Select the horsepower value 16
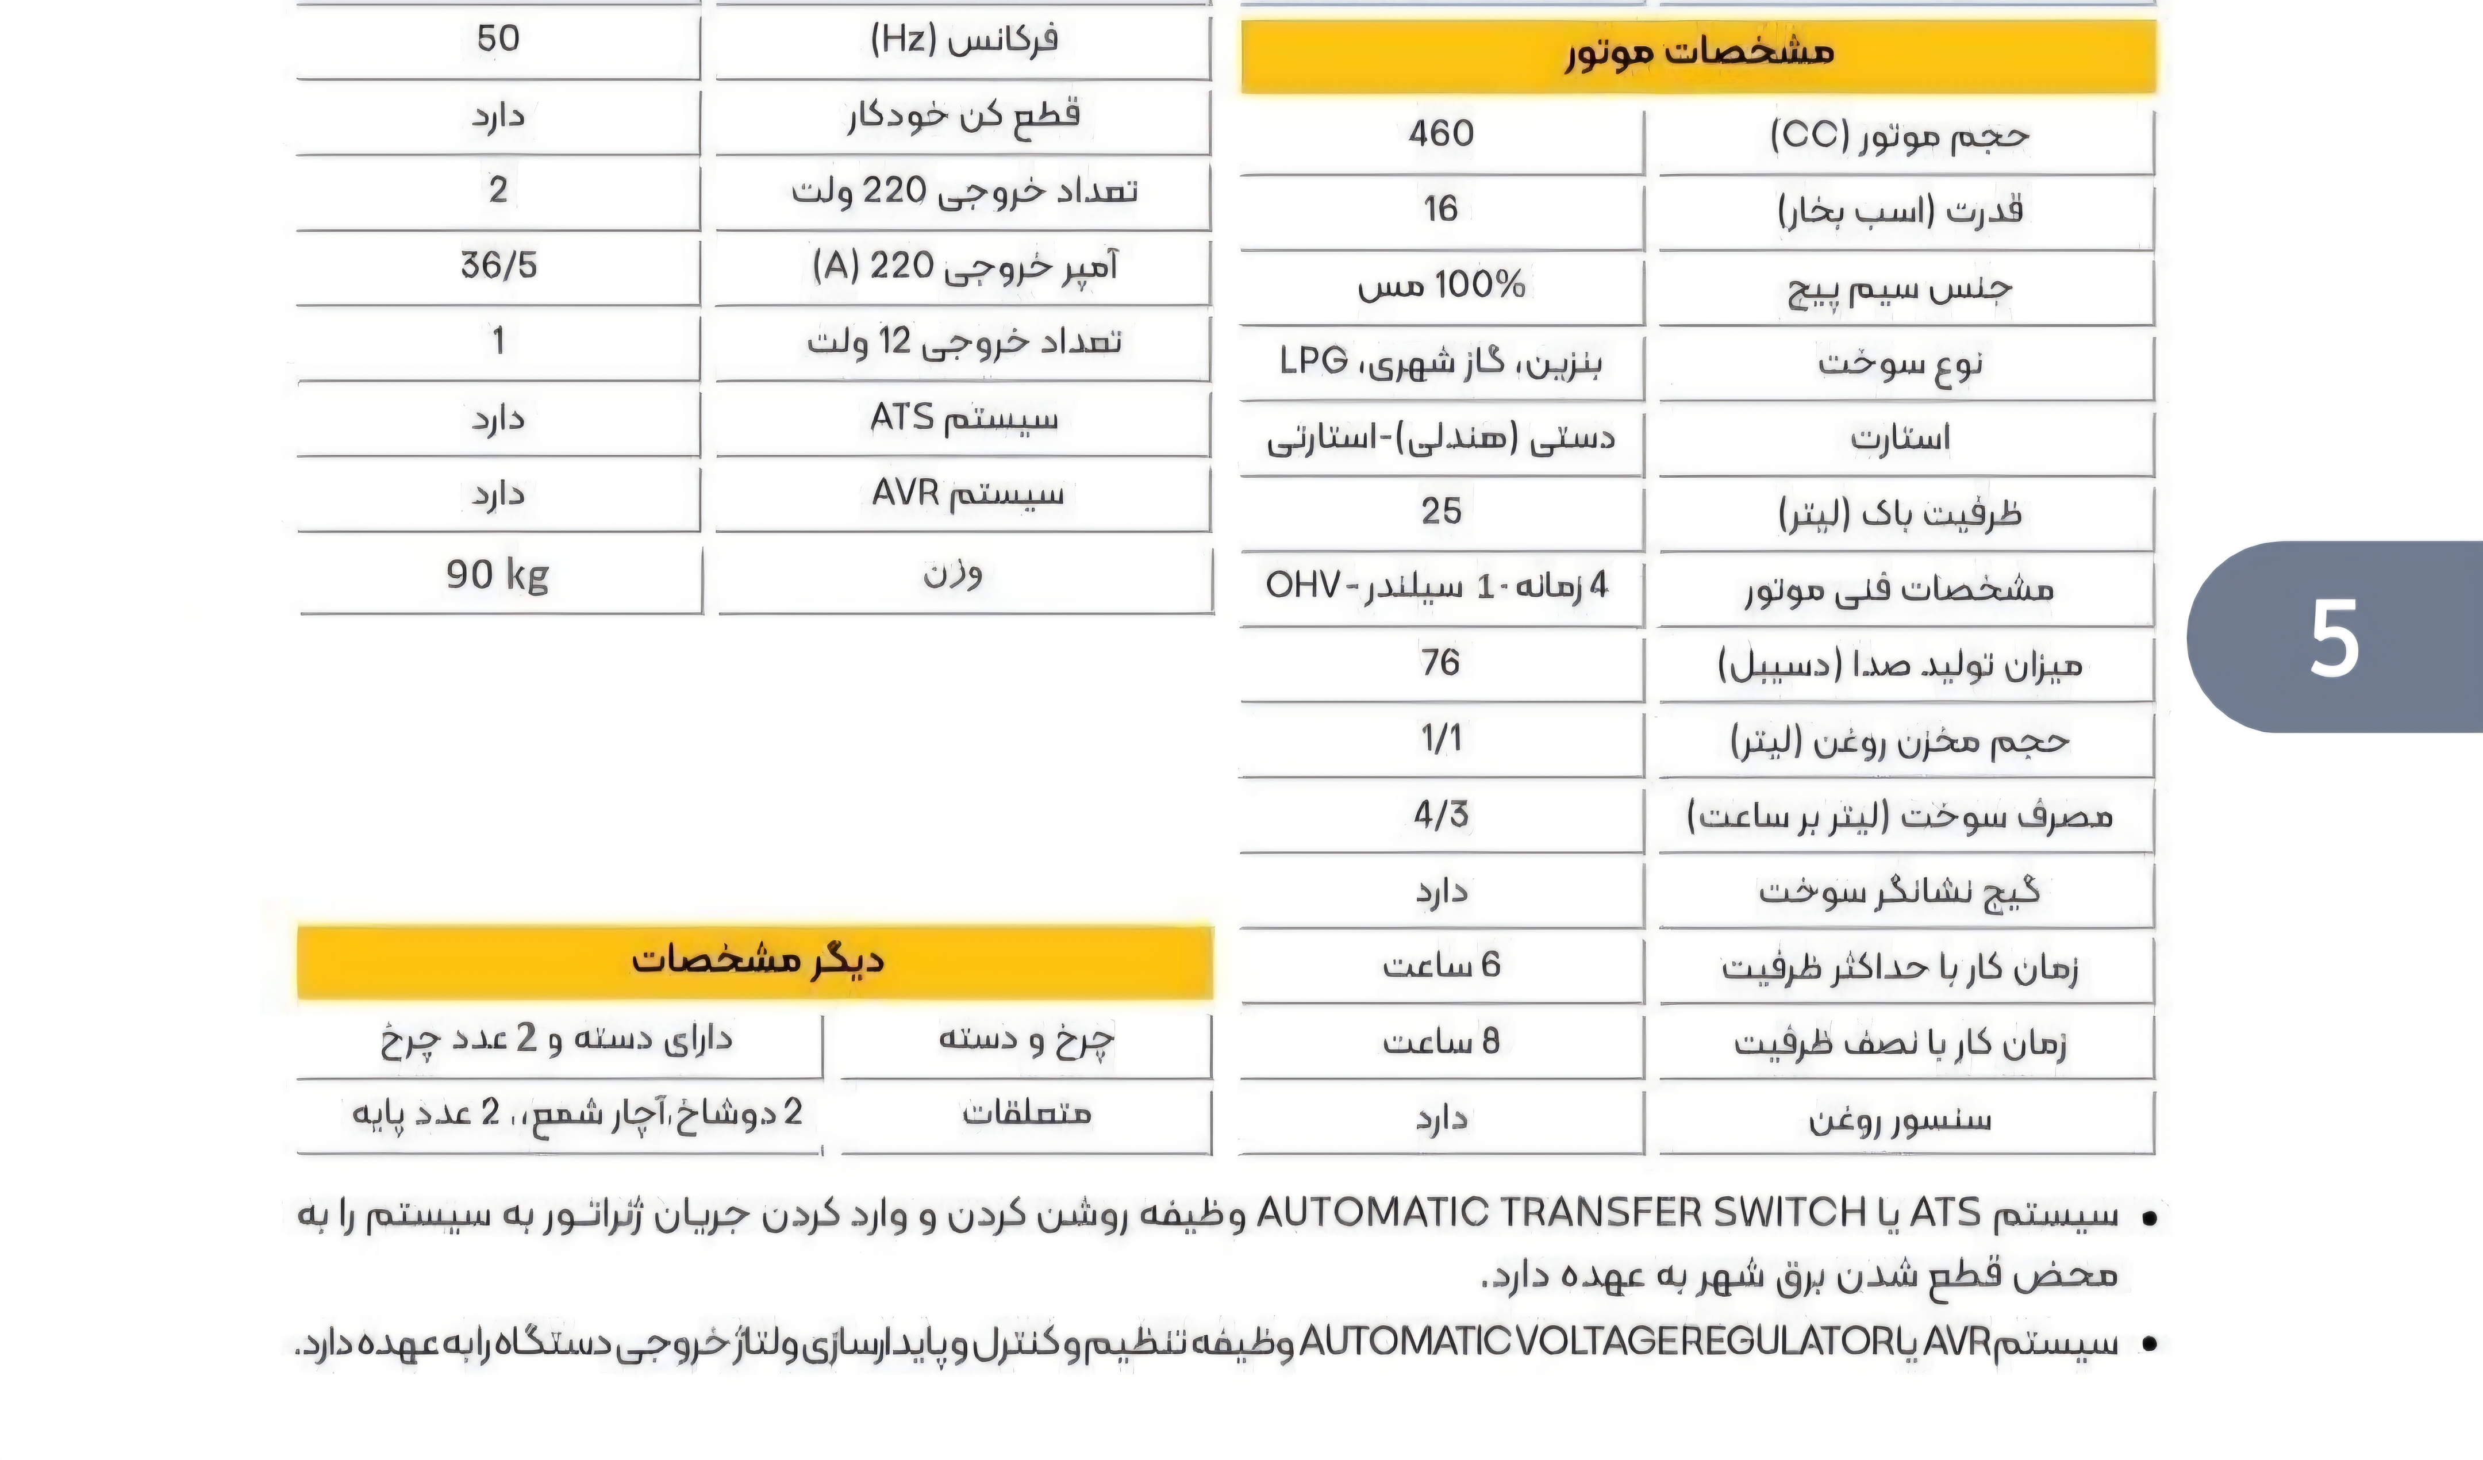click(x=1440, y=209)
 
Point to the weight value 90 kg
click(x=498, y=574)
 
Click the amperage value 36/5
click(x=498, y=265)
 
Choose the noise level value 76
click(x=1440, y=662)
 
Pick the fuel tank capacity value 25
click(x=1440, y=510)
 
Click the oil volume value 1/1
click(x=1440, y=738)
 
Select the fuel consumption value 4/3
click(x=1440, y=814)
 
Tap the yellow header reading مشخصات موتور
click(x=1698, y=54)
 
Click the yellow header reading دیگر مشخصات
click(x=756, y=960)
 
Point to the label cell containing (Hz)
click(x=964, y=40)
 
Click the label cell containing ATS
click(x=964, y=418)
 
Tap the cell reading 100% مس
click(x=1440, y=286)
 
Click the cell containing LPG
click(x=1440, y=362)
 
